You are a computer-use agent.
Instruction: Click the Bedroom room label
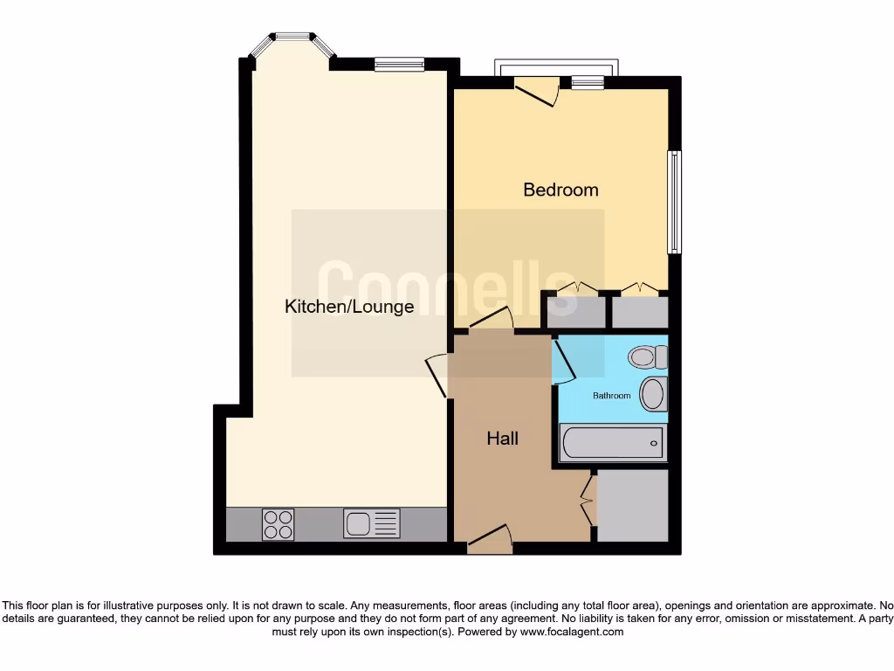click(x=560, y=190)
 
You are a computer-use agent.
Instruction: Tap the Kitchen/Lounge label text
click(x=349, y=307)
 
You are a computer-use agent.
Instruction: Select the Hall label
click(x=502, y=439)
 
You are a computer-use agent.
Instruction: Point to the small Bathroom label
click(x=611, y=396)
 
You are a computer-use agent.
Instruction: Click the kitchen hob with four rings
click(x=279, y=523)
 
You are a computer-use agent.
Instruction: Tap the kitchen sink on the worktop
click(x=371, y=523)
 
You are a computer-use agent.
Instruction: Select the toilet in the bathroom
click(x=648, y=356)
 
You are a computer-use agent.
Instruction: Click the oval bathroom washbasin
click(x=653, y=394)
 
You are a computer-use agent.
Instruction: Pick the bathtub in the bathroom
click(x=613, y=443)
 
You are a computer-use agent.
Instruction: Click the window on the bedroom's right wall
click(x=674, y=202)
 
